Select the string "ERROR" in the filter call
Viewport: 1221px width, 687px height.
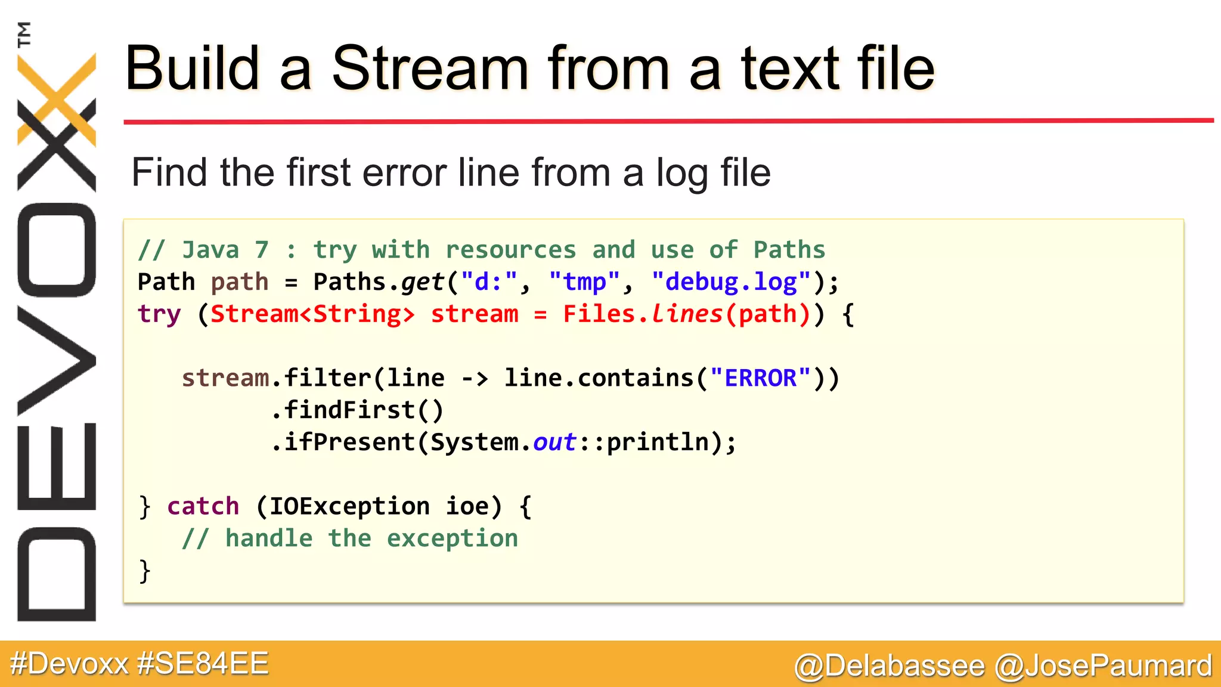click(760, 378)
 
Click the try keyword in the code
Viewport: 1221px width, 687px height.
click(159, 314)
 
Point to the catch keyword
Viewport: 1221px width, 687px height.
click(203, 506)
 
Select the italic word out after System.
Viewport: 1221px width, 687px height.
click(554, 442)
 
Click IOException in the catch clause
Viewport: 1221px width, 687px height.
click(349, 506)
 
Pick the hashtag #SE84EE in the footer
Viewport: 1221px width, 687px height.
click(203, 664)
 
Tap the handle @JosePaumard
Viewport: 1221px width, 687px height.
click(1104, 666)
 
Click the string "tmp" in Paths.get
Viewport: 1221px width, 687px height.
click(584, 282)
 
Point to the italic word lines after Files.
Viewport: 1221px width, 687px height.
click(687, 314)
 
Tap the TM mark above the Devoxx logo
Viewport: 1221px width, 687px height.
click(24, 34)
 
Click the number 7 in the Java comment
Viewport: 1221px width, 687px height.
click(262, 250)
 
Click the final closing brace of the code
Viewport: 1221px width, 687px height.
click(144, 571)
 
